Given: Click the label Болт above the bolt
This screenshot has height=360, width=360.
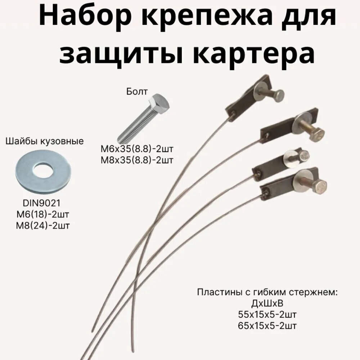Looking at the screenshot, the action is tap(136, 91).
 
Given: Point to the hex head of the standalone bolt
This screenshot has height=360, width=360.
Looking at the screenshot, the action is tap(160, 102).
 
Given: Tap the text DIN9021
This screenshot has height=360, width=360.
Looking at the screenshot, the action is tap(43, 203).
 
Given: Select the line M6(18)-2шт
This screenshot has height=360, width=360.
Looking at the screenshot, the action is tap(43, 215).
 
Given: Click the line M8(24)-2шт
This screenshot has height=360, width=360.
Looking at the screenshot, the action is tap(43, 226).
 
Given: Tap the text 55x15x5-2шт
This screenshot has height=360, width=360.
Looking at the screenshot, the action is tap(267, 315).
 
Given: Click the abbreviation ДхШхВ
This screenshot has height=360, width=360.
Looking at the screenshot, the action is tap(267, 303).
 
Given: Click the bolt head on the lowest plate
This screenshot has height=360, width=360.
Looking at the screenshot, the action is tap(320, 186).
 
